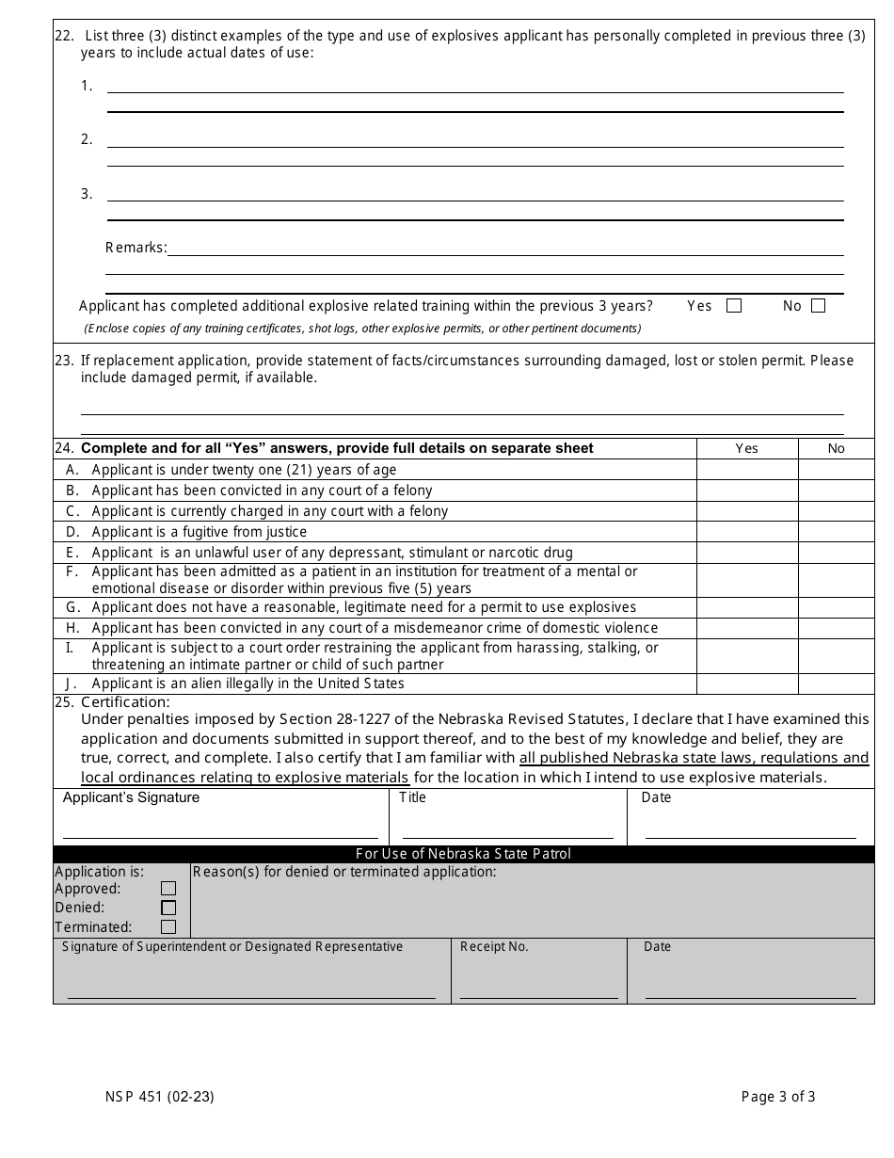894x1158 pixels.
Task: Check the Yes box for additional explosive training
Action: coord(734,306)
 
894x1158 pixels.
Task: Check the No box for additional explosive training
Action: coord(818,306)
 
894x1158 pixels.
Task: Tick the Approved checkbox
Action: coord(168,889)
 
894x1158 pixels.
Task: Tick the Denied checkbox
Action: coord(168,908)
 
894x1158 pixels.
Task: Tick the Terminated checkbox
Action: coord(168,926)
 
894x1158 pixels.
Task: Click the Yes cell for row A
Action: coord(747,469)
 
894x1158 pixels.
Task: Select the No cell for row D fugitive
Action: coord(836,532)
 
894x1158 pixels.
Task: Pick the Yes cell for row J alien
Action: coord(747,684)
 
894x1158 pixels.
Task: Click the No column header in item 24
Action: coord(836,448)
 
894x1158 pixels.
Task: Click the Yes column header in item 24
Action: coord(747,448)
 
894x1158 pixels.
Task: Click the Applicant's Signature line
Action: coord(220,836)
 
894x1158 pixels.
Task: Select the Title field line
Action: coord(507,836)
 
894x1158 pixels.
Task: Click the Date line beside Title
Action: coord(750,836)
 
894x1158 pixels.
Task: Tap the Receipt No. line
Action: coord(538,996)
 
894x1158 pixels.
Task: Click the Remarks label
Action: coord(136,249)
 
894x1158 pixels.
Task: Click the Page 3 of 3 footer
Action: coord(778,1096)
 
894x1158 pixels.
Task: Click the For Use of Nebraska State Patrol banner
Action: coord(463,854)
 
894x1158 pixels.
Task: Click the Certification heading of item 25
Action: coord(125,702)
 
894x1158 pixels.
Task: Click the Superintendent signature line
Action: coord(251,996)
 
